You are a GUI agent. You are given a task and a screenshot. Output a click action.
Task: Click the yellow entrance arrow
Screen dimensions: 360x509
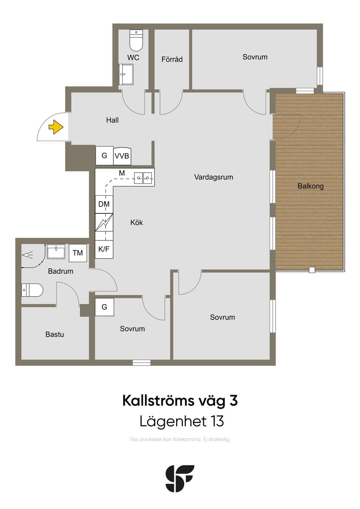(x=56, y=127)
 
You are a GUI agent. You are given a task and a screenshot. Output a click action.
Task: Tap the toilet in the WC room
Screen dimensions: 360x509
(x=136, y=40)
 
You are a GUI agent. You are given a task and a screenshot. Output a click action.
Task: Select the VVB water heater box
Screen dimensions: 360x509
(x=122, y=156)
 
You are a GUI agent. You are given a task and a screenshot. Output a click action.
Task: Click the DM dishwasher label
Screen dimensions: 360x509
(x=104, y=204)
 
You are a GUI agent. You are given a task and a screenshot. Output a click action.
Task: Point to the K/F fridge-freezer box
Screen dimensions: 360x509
(x=104, y=249)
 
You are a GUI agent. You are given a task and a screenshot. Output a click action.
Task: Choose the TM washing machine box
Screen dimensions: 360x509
(x=78, y=253)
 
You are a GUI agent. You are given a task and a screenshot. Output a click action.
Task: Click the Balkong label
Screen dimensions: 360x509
(x=310, y=186)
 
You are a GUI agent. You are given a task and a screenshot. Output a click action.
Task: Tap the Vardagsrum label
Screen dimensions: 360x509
(x=214, y=177)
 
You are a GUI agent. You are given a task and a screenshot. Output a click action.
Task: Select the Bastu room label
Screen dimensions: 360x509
(x=54, y=334)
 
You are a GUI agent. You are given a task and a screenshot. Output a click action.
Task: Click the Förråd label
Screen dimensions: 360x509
(x=172, y=59)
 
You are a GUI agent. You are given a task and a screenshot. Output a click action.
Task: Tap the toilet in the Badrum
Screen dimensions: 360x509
(x=32, y=290)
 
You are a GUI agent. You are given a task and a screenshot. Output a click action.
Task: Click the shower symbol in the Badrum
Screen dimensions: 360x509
(x=27, y=255)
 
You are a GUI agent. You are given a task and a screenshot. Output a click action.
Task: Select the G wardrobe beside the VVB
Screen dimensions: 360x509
(x=104, y=156)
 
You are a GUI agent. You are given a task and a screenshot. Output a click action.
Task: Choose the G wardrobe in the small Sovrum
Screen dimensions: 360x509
(x=104, y=307)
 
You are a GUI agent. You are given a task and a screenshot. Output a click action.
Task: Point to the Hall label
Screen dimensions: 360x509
(x=112, y=120)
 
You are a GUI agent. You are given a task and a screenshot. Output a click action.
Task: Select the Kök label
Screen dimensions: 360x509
(x=137, y=223)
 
